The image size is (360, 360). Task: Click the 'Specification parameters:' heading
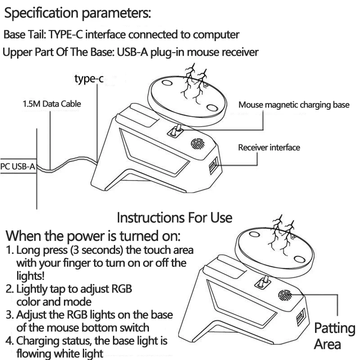pyautogui.click(x=77, y=13)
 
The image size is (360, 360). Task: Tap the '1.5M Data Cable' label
pyautogui.click(x=52, y=104)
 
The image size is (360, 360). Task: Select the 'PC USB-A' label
pyautogui.click(x=18, y=166)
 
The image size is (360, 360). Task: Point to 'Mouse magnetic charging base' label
pyautogui.click(x=293, y=105)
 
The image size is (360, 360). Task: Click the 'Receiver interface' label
pyautogui.click(x=269, y=147)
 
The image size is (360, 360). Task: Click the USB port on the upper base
pyautogui.click(x=212, y=167)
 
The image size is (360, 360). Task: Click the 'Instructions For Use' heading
pyautogui.click(x=175, y=218)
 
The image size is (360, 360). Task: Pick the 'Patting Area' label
pyautogui.click(x=334, y=336)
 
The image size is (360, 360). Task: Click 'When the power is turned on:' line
pyautogui.click(x=93, y=235)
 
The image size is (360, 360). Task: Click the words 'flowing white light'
pyautogui.click(x=60, y=353)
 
